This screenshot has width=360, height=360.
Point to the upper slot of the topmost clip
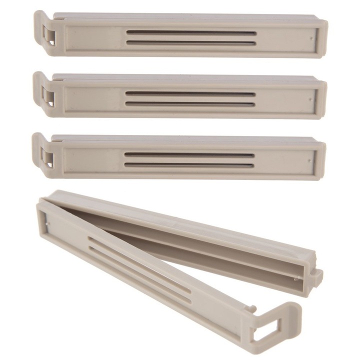point(191,33)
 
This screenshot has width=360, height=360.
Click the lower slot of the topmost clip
point(191,42)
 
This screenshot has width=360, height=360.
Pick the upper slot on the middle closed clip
point(190,93)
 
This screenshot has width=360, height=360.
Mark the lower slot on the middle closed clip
point(190,103)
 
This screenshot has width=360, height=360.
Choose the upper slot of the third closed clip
point(189,155)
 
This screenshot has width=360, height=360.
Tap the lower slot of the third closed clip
point(189,164)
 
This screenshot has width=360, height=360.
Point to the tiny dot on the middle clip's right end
point(311,98)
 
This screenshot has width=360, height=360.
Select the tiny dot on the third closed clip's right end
point(310,160)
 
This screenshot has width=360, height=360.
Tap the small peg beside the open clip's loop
point(254,308)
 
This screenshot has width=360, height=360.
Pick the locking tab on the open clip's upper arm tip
point(316,276)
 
